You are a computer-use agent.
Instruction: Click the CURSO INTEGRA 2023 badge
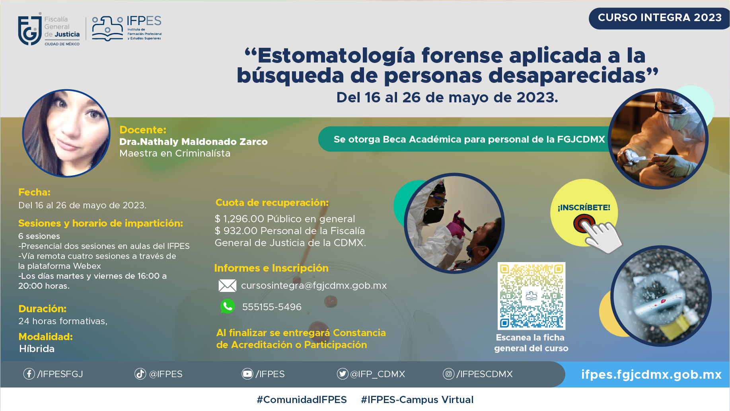click(659, 18)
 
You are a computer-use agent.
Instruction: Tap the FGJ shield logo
click(30, 29)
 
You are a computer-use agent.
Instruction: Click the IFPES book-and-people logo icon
click(107, 28)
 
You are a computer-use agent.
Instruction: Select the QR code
click(531, 296)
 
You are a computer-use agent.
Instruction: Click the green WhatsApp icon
click(228, 306)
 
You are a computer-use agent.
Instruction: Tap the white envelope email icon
click(228, 286)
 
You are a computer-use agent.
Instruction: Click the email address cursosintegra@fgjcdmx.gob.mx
click(314, 286)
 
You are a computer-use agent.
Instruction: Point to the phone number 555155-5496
click(272, 307)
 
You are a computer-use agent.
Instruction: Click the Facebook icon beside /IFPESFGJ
click(29, 374)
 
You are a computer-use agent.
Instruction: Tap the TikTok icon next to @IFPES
click(140, 374)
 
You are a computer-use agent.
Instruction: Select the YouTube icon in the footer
click(247, 374)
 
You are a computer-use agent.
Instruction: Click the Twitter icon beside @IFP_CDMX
click(343, 374)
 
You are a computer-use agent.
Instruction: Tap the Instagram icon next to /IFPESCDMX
click(449, 374)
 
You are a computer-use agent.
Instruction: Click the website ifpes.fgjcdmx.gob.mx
click(651, 375)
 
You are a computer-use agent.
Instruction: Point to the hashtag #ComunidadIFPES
click(302, 399)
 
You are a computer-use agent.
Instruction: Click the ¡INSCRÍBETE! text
click(584, 207)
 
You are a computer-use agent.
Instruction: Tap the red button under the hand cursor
click(584, 223)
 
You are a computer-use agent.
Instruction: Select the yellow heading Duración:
click(43, 309)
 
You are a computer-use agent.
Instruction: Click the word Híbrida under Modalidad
click(37, 349)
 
